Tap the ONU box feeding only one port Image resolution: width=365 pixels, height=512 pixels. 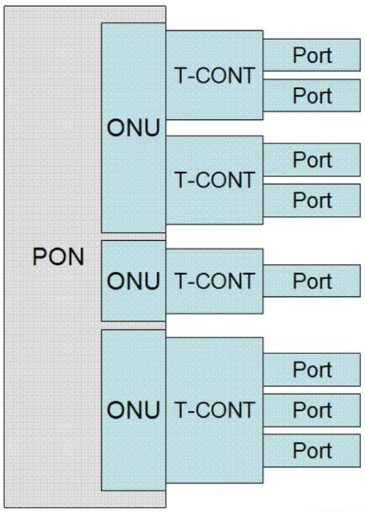[133, 281]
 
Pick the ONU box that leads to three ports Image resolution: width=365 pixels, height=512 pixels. [133, 410]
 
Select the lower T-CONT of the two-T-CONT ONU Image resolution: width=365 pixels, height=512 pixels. [214, 180]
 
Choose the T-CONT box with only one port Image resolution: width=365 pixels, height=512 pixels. [214, 281]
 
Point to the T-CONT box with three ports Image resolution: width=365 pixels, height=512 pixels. [214, 410]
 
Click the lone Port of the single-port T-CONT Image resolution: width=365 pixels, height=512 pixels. [312, 281]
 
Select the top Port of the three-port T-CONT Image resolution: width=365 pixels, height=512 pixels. [312, 370]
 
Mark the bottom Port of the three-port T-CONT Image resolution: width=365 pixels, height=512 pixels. [312, 449]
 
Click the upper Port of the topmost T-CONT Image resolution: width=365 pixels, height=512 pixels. [312, 55]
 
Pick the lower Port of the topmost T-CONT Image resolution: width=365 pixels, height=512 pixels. [312, 95]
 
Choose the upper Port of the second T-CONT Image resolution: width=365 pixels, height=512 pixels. [312, 160]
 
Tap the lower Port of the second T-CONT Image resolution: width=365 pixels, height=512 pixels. [312, 200]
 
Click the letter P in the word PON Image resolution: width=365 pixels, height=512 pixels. [39, 259]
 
